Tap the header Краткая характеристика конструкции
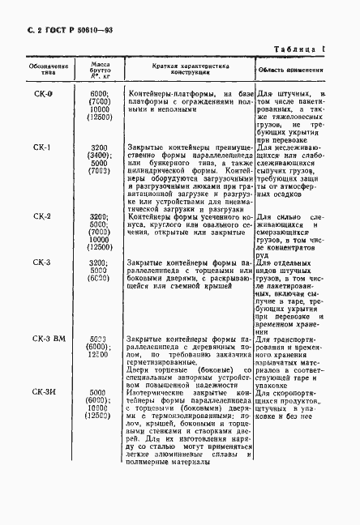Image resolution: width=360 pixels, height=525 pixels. [x=191, y=66]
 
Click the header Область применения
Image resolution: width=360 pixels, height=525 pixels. [x=291, y=70]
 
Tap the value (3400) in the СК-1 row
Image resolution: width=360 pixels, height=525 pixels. [x=99, y=156]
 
